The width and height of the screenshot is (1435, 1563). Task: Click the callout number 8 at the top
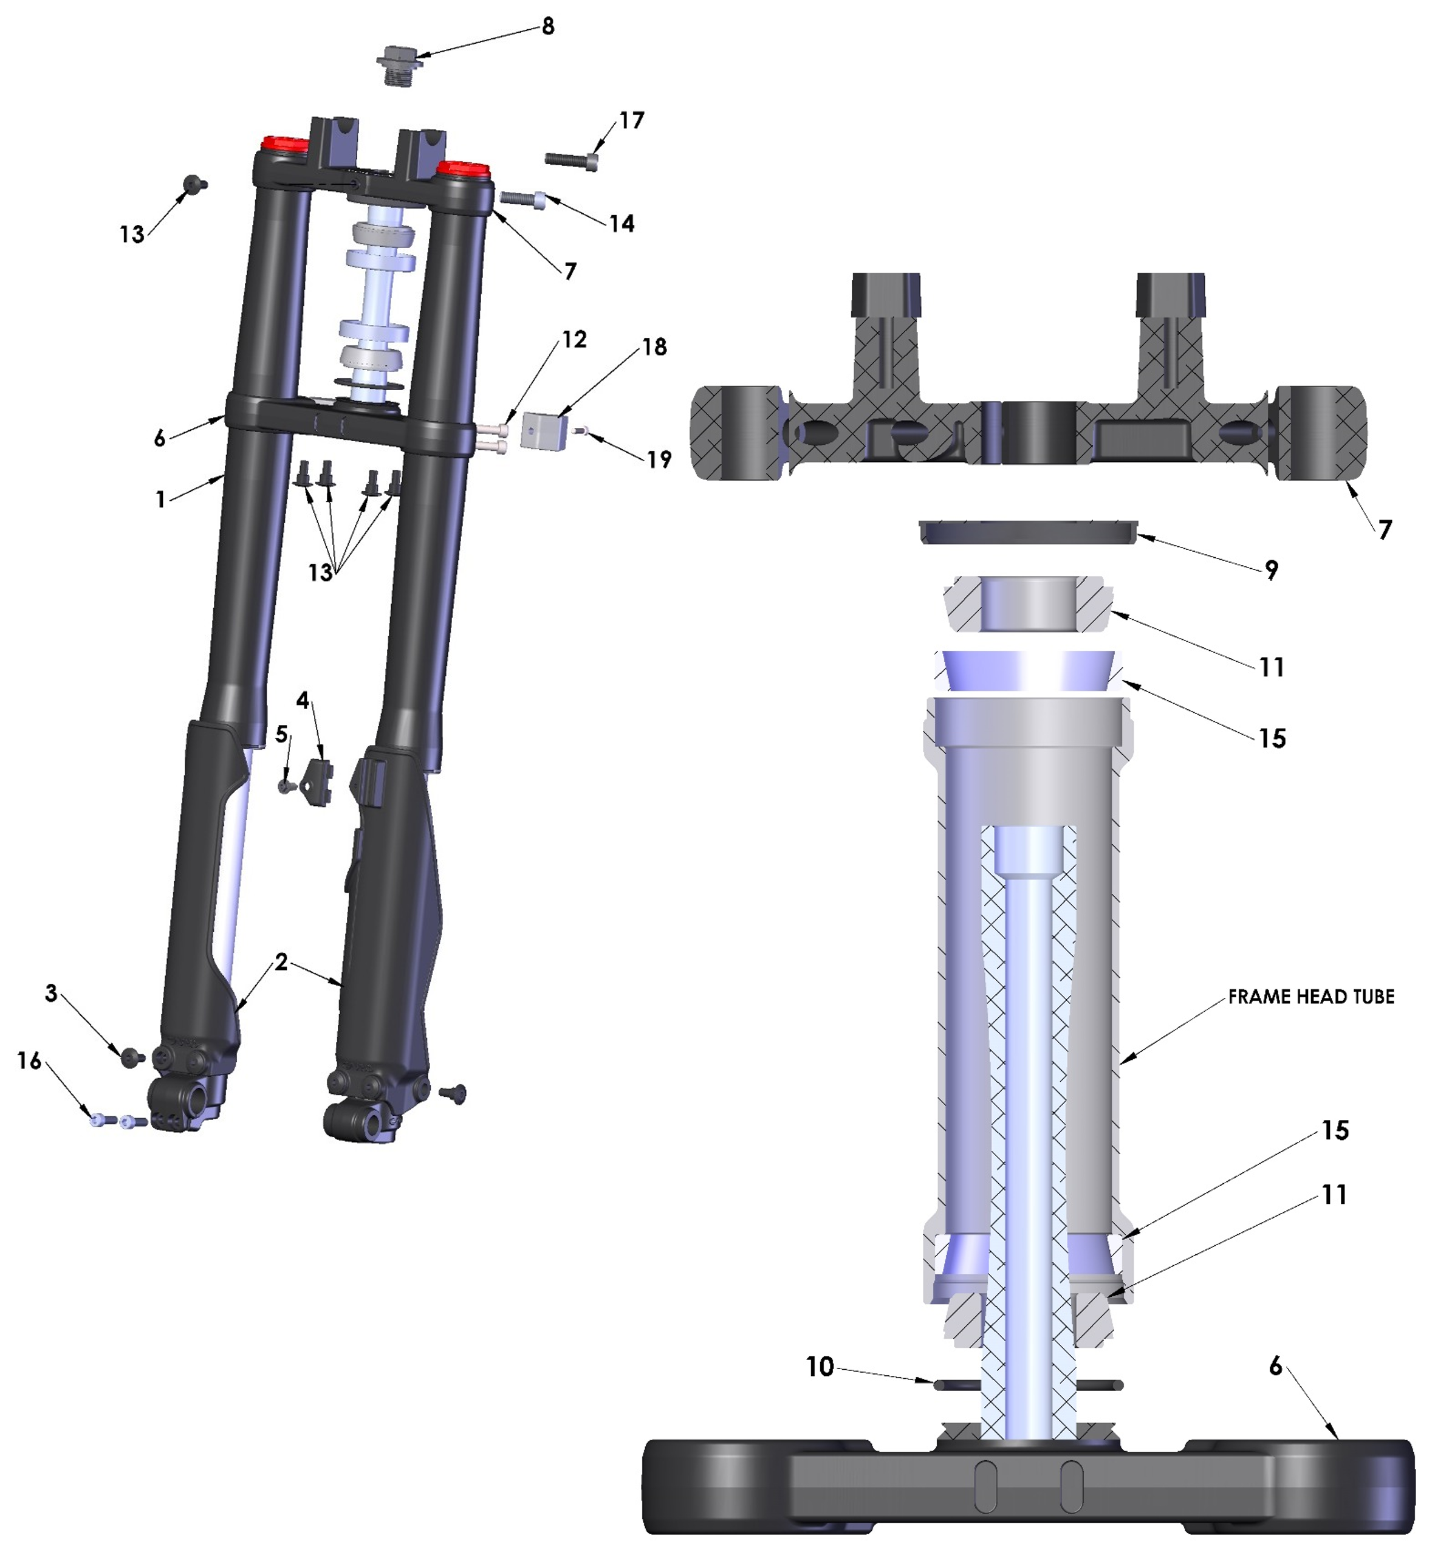coord(548,26)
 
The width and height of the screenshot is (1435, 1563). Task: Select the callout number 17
coord(631,120)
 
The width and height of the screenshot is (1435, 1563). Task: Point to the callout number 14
coord(622,224)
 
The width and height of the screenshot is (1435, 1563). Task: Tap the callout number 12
coord(574,340)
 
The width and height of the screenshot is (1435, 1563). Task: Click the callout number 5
coord(282,734)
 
